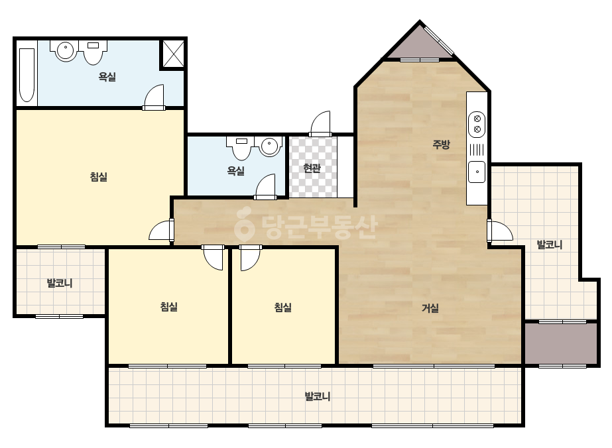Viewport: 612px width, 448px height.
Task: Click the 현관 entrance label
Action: [x=312, y=168]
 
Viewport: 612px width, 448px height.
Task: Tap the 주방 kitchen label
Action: [x=441, y=144]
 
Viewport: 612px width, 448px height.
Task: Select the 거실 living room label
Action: [x=430, y=308]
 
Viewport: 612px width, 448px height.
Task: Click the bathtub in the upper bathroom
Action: [x=27, y=75]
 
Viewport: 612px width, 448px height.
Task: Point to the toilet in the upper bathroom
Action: [x=93, y=52]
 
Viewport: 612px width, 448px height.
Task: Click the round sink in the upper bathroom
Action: [x=65, y=51]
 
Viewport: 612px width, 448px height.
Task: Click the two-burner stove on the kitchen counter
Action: [x=477, y=124]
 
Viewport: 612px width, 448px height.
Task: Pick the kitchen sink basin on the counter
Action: [x=477, y=172]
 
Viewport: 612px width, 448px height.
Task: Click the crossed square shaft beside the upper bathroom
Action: [x=173, y=54]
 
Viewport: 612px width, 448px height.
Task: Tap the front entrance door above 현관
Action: [x=320, y=123]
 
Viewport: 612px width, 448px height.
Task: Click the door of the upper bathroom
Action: [x=154, y=97]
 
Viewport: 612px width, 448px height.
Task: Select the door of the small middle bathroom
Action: [x=265, y=187]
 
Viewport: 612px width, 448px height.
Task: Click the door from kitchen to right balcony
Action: [x=500, y=232]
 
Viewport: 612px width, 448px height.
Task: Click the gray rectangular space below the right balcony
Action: [x=561, y=343]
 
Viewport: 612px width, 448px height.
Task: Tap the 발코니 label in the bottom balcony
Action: [x=318, y=396]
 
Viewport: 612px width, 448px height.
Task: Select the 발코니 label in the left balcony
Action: [x=60, y=283]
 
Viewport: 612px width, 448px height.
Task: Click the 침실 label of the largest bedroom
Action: [x=98, y=177]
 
